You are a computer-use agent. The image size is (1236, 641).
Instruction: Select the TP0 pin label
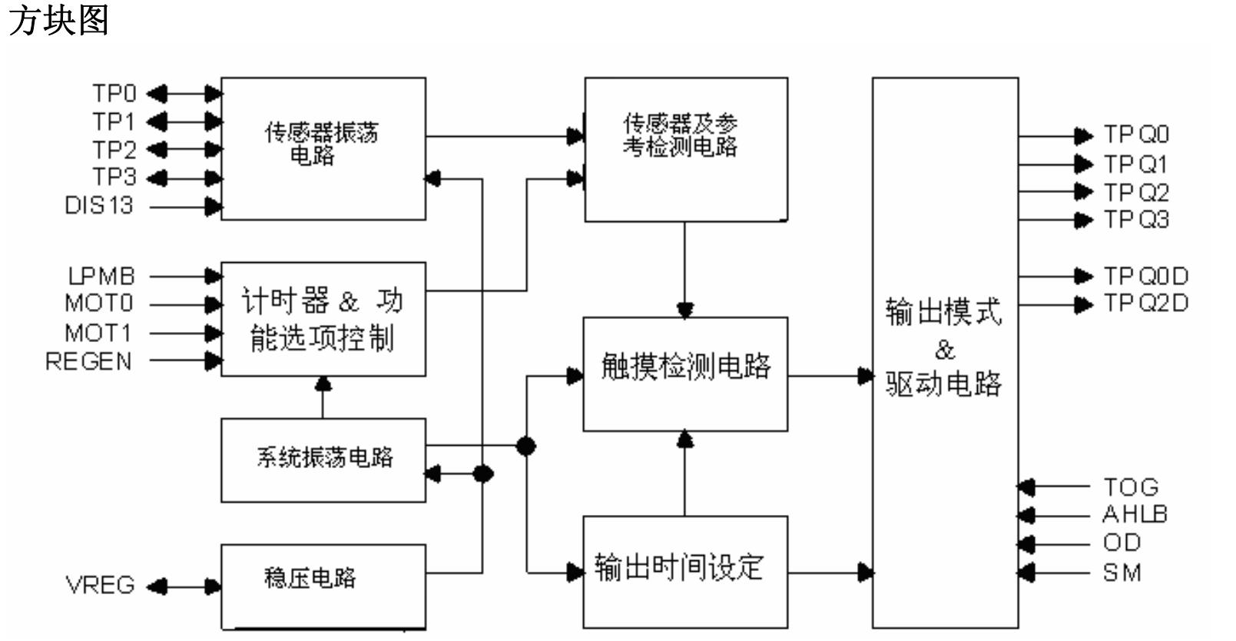pyautogui.click(x=114, y=94)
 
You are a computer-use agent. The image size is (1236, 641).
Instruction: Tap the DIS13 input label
pyautogui.click(x=99, y=206)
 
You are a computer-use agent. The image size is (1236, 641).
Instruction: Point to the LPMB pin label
pyautogui.click(x=101, y=276)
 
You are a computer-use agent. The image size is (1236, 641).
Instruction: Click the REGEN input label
pyautogui.click(x=89, y=361)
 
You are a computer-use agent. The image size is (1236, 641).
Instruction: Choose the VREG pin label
pyautogui.click(x=101, y=586)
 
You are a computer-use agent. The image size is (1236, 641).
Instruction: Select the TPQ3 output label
pyautogui.click(x=1136, y=220)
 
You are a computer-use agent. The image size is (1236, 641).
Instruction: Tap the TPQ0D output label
pyautogui.click(x=1145, y=276)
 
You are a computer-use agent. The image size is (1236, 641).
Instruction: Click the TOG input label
pyautogui.click(x=1130, y=487)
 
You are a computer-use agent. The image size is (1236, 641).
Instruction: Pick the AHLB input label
pyautogui.click(x=1135, y=514)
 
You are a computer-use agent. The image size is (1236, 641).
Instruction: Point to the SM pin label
pyautogui.click(x=1122, y=573)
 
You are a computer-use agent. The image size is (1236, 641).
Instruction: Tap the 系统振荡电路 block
pyautogui.click(x=323, y=460)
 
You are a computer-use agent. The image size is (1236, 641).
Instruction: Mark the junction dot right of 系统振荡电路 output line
pyautogui.click(x=526, y=446)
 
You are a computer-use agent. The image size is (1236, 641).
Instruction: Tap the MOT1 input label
pyautogui.click(x=98, y=333)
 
